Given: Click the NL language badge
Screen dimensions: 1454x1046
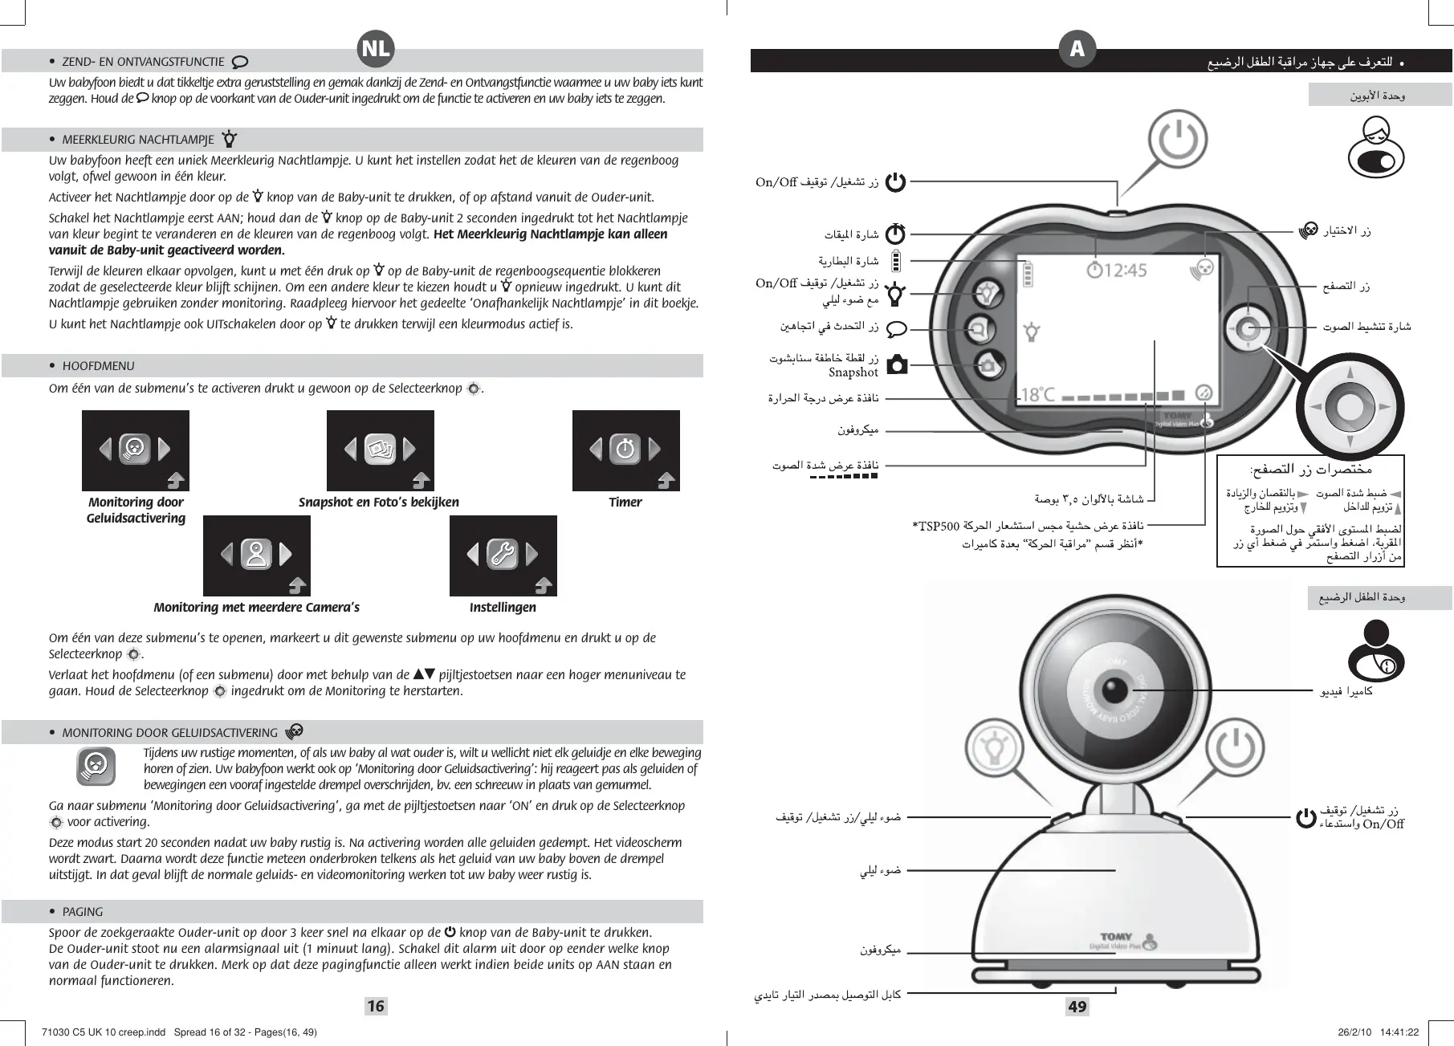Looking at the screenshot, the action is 375,49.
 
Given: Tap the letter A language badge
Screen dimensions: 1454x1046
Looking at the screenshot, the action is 1077,49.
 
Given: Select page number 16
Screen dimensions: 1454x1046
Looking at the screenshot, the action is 375,1006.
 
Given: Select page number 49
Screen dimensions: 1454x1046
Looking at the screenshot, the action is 1077,1006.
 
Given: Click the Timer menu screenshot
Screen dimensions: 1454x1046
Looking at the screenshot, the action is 625,450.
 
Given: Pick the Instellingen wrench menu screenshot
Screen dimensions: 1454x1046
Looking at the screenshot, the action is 503,556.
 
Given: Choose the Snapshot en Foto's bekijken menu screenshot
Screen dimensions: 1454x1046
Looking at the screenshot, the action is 380,450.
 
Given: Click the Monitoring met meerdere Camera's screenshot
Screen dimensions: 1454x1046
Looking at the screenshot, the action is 256,556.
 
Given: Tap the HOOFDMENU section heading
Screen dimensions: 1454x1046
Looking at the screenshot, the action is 98,366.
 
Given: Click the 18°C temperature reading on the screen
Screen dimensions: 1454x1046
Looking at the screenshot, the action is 1037,395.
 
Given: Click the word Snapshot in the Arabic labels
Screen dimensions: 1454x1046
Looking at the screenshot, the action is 853,372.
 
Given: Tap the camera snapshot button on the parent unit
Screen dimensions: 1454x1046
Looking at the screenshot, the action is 988,366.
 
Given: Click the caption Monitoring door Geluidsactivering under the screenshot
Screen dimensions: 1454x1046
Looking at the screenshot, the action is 136,510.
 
